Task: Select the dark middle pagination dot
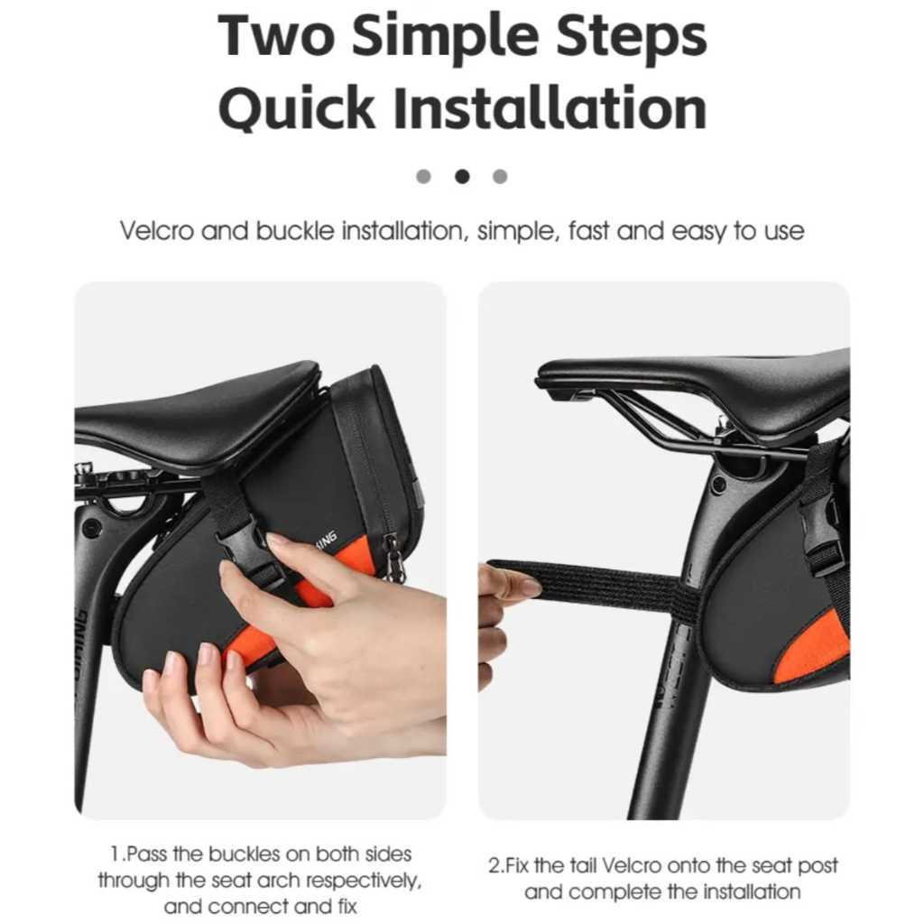pos(462,176)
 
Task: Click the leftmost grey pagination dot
pos(424,176)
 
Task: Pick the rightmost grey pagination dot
pos(500,176)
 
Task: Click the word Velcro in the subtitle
pos(157,230)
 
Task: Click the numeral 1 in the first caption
pos(115,854)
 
